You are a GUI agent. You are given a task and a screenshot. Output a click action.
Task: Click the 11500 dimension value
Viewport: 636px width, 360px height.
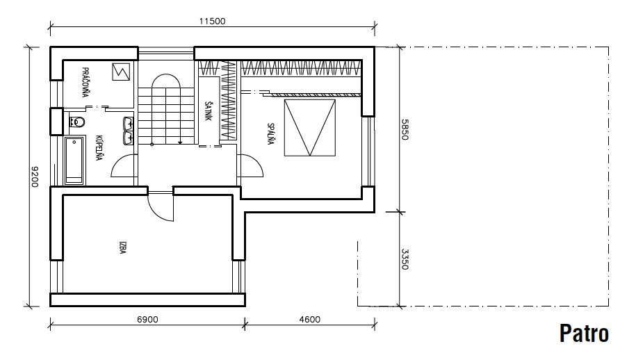(212, 21)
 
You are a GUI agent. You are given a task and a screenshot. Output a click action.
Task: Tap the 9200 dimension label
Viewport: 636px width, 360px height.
(35, 177)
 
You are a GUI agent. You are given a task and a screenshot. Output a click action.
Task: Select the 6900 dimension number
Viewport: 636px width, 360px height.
(147, 320)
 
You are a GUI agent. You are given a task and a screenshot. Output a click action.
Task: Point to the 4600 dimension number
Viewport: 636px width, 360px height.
(309, 320)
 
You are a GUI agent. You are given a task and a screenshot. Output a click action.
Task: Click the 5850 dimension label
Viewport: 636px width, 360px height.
(405, 129)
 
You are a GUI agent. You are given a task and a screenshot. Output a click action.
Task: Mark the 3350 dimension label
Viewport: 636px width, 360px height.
(405, 259)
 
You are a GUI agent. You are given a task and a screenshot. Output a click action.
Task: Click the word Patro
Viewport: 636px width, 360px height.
(584, 334)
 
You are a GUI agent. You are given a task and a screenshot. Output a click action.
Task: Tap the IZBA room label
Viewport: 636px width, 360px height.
(122, 247)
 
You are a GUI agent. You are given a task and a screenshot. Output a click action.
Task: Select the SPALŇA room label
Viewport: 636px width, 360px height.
(270, 133)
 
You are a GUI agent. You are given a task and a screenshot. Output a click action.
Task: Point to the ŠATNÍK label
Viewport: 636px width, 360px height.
(208, 111)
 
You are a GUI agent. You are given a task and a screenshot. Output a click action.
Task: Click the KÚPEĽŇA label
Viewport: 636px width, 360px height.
(99, 148)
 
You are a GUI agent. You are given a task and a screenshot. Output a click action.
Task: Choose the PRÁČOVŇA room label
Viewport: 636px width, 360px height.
(85, 82)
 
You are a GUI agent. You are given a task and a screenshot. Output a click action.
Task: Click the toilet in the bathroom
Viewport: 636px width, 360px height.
(77, 122)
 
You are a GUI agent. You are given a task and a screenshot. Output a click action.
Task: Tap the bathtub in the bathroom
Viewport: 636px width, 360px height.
(74, 161)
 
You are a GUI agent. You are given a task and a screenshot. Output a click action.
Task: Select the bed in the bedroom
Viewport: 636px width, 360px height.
(310, 128)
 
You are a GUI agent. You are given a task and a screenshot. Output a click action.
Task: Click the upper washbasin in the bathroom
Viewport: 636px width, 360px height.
(129, 123)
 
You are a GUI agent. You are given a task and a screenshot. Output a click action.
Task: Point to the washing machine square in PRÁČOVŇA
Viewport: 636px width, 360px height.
(121, 72)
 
